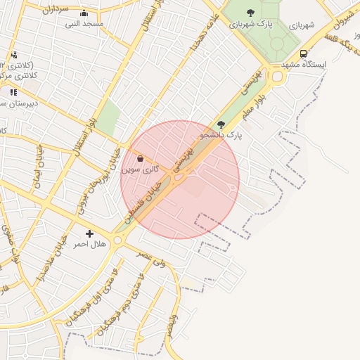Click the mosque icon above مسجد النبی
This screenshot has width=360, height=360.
coord(84,13)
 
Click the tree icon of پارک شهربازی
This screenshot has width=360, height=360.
coord(250,13)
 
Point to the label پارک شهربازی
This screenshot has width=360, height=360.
coord(250,24)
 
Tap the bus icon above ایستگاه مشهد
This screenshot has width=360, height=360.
coord(303,53)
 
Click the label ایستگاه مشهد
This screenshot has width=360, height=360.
coord(304,64)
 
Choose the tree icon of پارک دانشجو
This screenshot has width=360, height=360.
coord(221,124)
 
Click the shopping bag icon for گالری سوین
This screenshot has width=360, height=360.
coord(140,159)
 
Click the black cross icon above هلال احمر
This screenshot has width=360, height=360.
coord(89,233)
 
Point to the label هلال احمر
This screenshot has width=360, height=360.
coord(89,244)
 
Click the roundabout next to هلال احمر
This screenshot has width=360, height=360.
coord(117,240)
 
